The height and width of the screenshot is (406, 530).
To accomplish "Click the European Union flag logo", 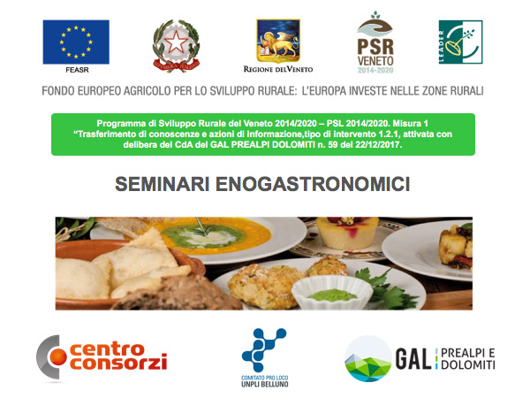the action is (x=76, y=42).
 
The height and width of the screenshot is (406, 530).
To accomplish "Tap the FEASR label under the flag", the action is (x=78, y=70).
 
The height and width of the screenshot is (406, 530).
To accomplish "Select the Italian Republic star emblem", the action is (x=176, y=46).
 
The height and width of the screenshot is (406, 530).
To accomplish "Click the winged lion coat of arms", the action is (x=278, y=41).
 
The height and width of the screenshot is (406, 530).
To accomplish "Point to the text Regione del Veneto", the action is (x=278, y=69).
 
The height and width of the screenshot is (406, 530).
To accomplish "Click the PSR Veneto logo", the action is (x=375, y=42).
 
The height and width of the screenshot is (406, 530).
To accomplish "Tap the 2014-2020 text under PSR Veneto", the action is (x=375, y=71).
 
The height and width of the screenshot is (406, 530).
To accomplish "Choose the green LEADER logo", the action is (x=461, y=42).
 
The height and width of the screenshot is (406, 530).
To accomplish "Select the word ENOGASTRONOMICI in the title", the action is (x=313, y=184).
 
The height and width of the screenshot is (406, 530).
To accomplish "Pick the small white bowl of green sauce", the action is (x=332, y=292).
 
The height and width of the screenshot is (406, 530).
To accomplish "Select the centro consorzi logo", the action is (x=102, y=358).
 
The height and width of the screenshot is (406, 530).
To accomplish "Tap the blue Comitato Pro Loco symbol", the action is (x=264, y=350).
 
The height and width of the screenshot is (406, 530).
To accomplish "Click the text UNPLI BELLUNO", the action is (x=265, y=384).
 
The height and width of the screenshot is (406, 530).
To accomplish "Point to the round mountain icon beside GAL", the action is (x=368, y=358).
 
